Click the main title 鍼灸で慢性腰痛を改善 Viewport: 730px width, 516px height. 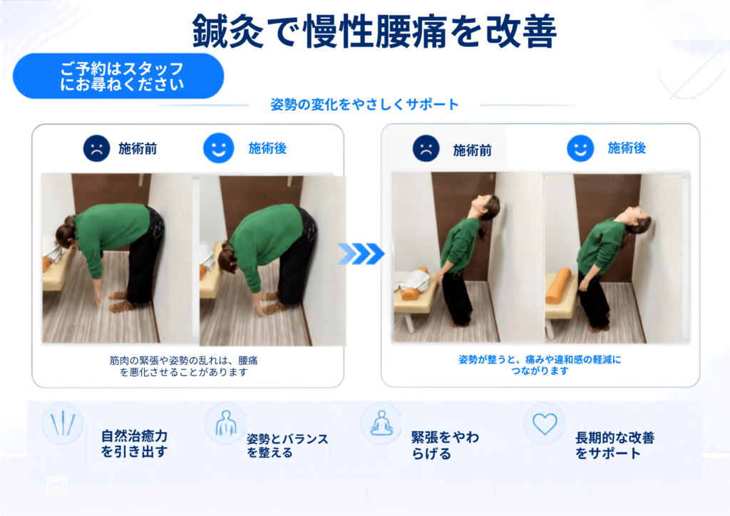[x=374, y=31]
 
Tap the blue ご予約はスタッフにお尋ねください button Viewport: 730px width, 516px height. [x=118, y=76]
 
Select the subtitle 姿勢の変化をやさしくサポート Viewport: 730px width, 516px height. [x=364, y=104]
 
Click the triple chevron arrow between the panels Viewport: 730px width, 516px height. [x=361, y=254]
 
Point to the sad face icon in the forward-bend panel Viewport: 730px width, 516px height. [x=96, y=148]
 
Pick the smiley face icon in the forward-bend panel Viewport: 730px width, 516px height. [x=218, y=148]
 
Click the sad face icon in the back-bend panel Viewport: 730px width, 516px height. [x=426, y=148]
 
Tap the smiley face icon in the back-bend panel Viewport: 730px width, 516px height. [x=580, y=148]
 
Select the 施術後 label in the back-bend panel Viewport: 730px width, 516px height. [x=627, y=148]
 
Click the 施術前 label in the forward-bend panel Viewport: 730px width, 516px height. [x=138, y=149]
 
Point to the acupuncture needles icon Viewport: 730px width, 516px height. [x=63, y=423]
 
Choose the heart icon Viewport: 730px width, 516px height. [x=545, y=424]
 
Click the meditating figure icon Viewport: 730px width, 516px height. [x=381, y=423]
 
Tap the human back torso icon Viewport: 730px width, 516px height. [x=226, y=423]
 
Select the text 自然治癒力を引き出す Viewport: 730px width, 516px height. [x=134, y=444]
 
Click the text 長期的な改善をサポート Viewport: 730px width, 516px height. [x=615, y=445]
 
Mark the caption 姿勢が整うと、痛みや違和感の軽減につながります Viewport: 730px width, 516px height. [x=540, y=365]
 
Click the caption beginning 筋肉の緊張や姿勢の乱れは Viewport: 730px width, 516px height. [x=183, y=366]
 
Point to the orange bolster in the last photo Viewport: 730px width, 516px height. [x=558, y=286]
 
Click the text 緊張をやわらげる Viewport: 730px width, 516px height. [x=445, y=445]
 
